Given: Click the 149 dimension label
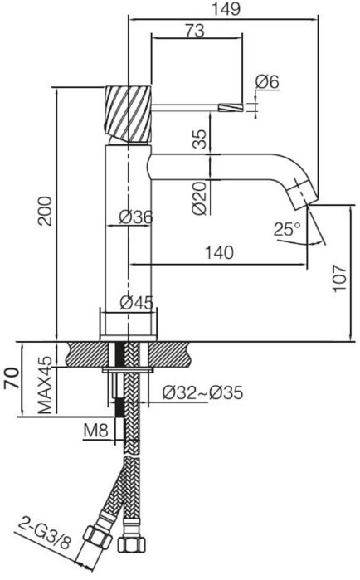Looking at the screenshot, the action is coord(226,9).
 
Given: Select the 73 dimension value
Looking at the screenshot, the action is coord(195,31).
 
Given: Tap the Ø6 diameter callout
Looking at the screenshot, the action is coord(267,82).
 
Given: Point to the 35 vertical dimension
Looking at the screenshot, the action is coord(201,139).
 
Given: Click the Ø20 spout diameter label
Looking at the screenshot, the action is coord(200,197).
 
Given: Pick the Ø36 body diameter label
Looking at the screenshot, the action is coord(136,217).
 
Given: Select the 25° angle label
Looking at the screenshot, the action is coord(287,229).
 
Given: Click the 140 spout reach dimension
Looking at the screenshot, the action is coord(219,253).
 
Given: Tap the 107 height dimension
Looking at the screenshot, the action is coord(340,278).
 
